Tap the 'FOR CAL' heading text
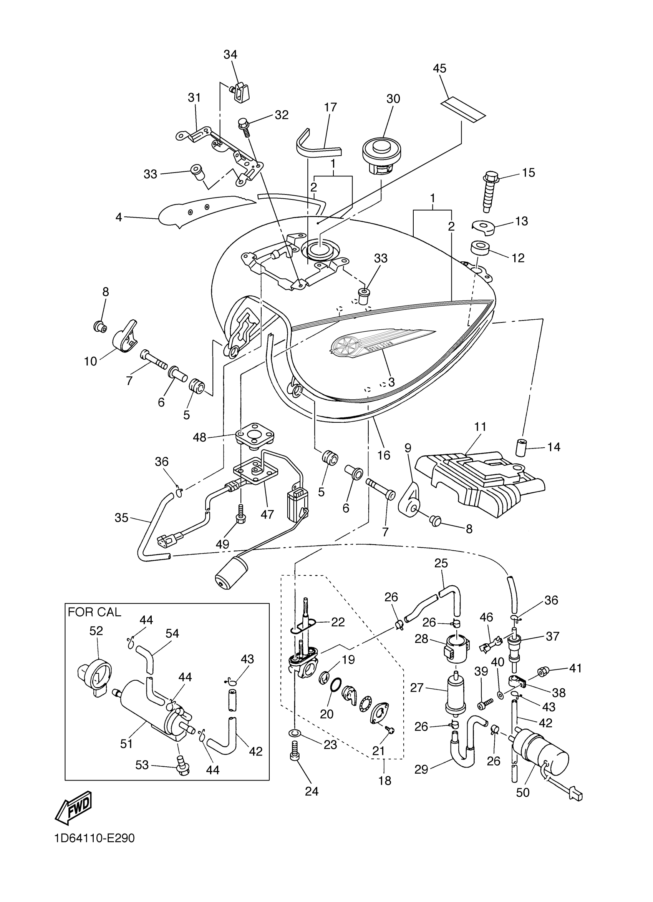pyautogui.click(x=94, y=612)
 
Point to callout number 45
pyautogui.click(x=439, y=68)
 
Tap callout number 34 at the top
pyautogui.click(x=230, y=55)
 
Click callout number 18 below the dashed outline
pyautogui.click(x=385, y=781)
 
